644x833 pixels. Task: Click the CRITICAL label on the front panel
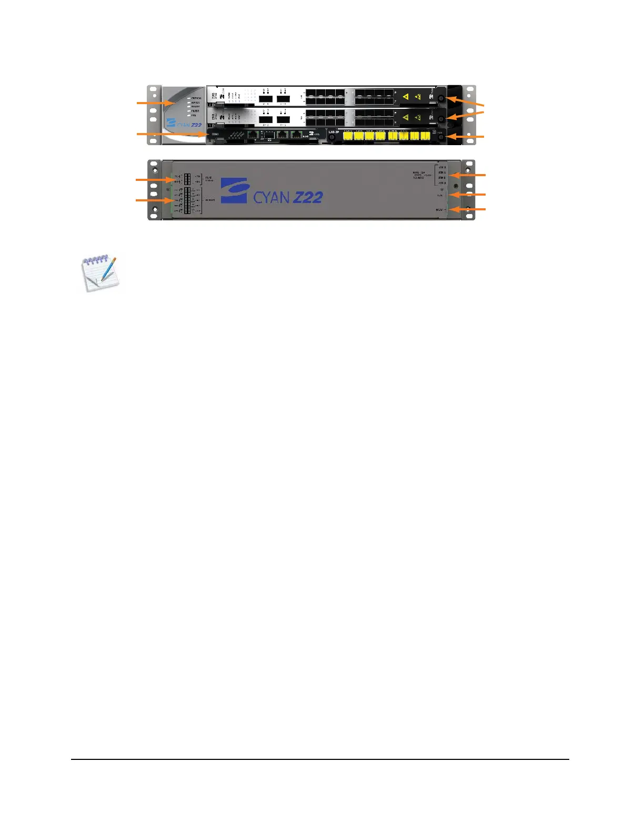tap(196, 98)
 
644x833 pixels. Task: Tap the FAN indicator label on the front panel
tap(194, 115)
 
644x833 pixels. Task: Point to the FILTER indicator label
tap(195, 111)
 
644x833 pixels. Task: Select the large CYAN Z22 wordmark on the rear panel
tap(288, 197)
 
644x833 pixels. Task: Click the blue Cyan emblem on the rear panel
tap(234, 190)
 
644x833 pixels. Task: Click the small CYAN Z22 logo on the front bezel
tap(184, 125)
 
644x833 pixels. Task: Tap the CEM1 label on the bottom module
tap(215, 135)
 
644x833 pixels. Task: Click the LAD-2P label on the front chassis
tap(333, 131)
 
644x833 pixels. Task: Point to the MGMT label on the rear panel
tap(440, 210)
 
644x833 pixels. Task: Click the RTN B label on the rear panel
tap(442, 178)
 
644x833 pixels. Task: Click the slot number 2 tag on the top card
tap(209, 104)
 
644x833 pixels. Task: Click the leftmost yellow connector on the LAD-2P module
tap(348, 136)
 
